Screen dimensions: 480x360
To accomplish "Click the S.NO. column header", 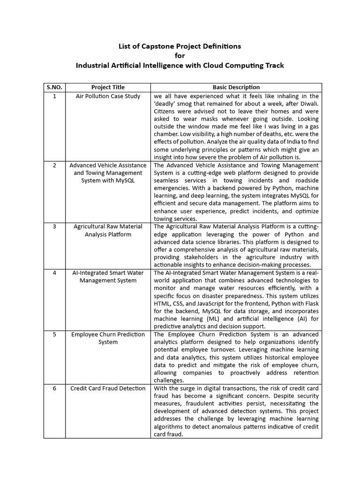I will coord(54,87).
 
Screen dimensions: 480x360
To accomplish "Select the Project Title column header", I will coord(108,87).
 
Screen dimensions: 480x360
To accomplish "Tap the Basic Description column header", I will coord(236,87).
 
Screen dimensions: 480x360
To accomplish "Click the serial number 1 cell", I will coord(54,96).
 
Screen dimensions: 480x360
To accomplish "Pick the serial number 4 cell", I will coord(54,273).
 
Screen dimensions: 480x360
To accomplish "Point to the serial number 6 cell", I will coord(54,388).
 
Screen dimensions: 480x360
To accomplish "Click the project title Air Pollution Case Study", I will coord(108,96).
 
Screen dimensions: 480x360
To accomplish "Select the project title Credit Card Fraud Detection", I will coord(108,388).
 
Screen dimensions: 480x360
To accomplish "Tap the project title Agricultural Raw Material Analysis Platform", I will coord(108,230).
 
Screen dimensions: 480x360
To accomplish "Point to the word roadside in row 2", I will coord(305,180).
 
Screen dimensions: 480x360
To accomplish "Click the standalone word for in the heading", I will coord(180,56).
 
